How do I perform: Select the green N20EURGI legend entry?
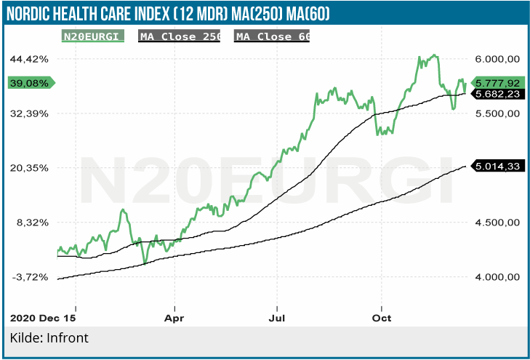(x=89, y=36)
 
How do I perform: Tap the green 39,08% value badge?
(x=29, y=83)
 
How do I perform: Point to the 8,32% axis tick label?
(x=33, y=222)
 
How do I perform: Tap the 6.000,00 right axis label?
(x=496, y=58)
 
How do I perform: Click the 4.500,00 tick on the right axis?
(x=496, y=222)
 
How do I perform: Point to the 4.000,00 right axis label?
(x=496, y=276)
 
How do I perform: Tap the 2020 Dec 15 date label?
(x=43, y=318)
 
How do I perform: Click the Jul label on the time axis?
(x=278, y=318)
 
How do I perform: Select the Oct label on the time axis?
(x=381, y=318)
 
